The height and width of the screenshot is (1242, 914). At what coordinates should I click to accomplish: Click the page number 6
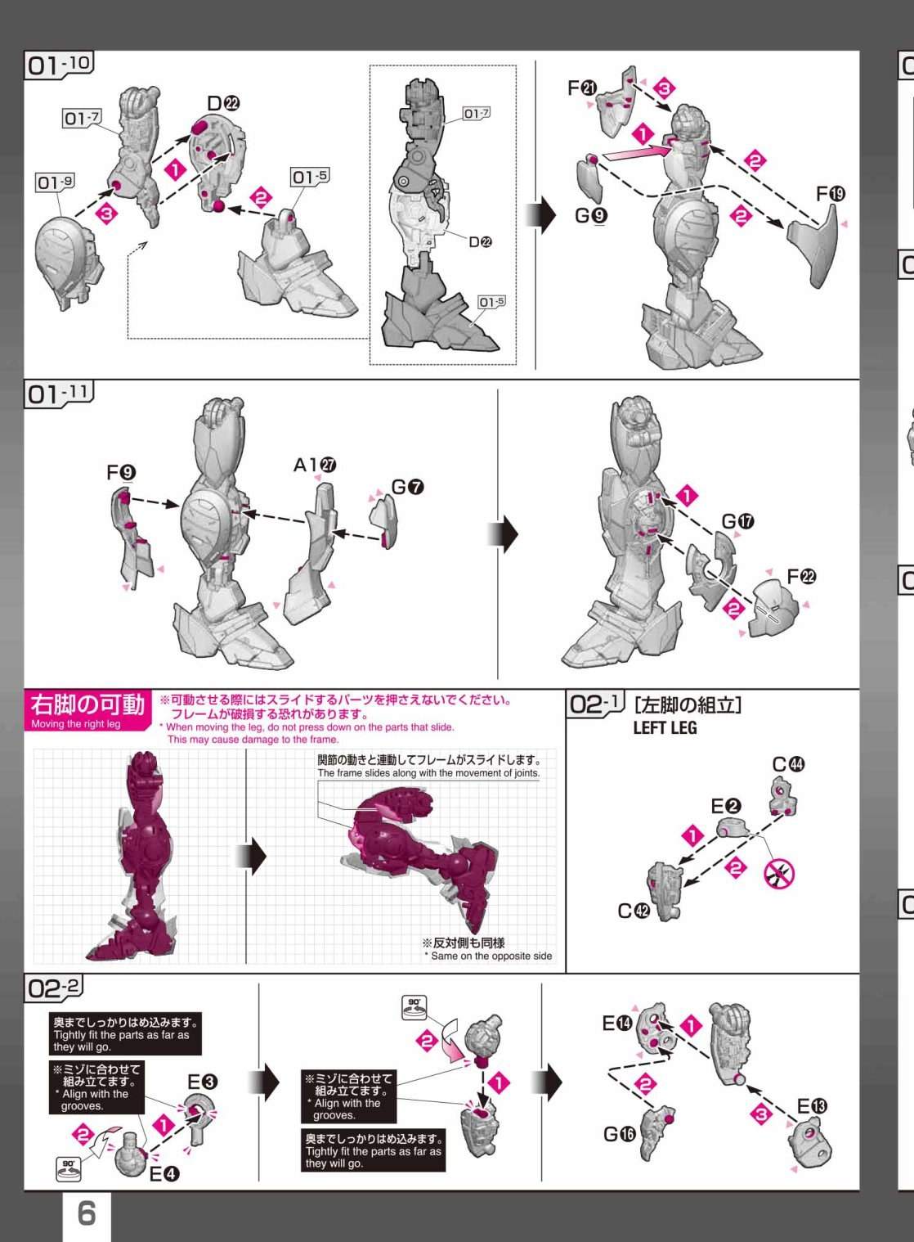point(86,1213)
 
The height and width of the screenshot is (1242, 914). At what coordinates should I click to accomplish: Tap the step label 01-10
point(59,65)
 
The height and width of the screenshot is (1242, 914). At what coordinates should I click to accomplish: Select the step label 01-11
point(59,394)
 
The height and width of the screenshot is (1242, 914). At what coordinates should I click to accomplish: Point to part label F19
point(831,194)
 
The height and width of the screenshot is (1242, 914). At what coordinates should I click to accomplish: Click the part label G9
point(591,215)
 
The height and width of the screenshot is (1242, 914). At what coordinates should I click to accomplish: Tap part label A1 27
point(315,465)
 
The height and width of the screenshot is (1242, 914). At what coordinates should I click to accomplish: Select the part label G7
point(408,488)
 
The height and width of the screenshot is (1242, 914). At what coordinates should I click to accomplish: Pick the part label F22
point(801,577)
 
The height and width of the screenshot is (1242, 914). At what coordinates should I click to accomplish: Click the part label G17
point(738,521)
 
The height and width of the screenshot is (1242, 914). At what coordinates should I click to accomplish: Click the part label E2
point(726,806)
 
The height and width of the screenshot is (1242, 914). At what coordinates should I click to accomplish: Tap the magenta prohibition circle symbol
point(779,875)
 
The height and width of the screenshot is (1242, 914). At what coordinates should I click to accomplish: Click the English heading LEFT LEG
point(665,727)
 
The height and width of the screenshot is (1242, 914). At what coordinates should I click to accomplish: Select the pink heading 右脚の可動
point(87,704)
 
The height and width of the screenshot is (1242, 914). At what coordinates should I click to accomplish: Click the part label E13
point(812,1106)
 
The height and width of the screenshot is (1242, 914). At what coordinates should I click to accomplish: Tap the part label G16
point(620,1134)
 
